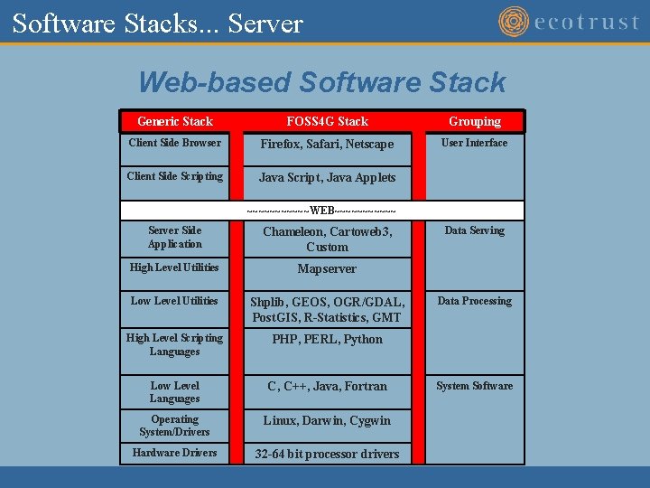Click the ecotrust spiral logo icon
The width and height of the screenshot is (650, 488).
[514, 22]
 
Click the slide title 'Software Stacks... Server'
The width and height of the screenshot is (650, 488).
[158, 23]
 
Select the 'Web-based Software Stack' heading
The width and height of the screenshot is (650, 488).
[322, 82]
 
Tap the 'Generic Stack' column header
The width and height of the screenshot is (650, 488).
[175, 121]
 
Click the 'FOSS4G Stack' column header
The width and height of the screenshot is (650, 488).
[327, 121]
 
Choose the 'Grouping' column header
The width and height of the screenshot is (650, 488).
[475, 121]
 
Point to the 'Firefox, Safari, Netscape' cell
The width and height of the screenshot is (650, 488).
[327, 145]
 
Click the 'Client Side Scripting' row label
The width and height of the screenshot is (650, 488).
[175, 176]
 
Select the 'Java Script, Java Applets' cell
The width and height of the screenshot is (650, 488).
[327, 178]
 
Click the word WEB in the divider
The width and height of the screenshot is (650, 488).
[322, 211]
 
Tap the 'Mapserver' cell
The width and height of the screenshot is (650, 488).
[327, 268]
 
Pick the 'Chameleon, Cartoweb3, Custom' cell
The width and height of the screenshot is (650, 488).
[327, 239]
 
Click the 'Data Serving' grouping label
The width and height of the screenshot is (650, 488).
[475, 230]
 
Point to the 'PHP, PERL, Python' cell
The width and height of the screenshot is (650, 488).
[327, 340]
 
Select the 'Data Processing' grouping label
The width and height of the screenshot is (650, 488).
[475, 301]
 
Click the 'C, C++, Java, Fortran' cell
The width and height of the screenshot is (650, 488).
[327, 387]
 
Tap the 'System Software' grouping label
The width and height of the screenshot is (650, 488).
[475, 386]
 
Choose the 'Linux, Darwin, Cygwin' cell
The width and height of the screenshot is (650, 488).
[327, 420]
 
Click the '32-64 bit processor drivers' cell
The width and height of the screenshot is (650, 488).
[327, 454]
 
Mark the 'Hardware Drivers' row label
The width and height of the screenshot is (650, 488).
[175, 453]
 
